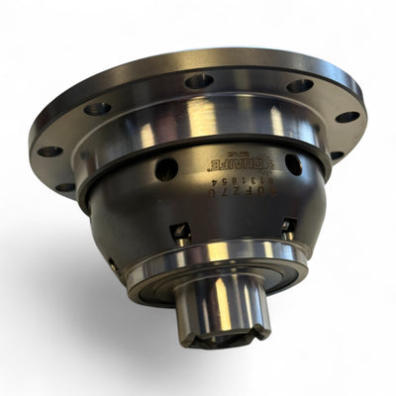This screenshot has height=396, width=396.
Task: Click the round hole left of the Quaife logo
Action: point(166,169)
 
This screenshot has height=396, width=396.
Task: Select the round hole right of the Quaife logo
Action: point(293,163)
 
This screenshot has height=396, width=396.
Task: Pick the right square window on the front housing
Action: point(289,226)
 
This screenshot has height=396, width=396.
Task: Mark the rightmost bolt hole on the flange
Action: point(347,117)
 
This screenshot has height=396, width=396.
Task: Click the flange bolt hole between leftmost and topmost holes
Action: point(97,108)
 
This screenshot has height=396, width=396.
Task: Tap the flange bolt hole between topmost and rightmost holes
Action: point(300,86)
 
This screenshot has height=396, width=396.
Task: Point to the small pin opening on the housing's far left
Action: point(113,265)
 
